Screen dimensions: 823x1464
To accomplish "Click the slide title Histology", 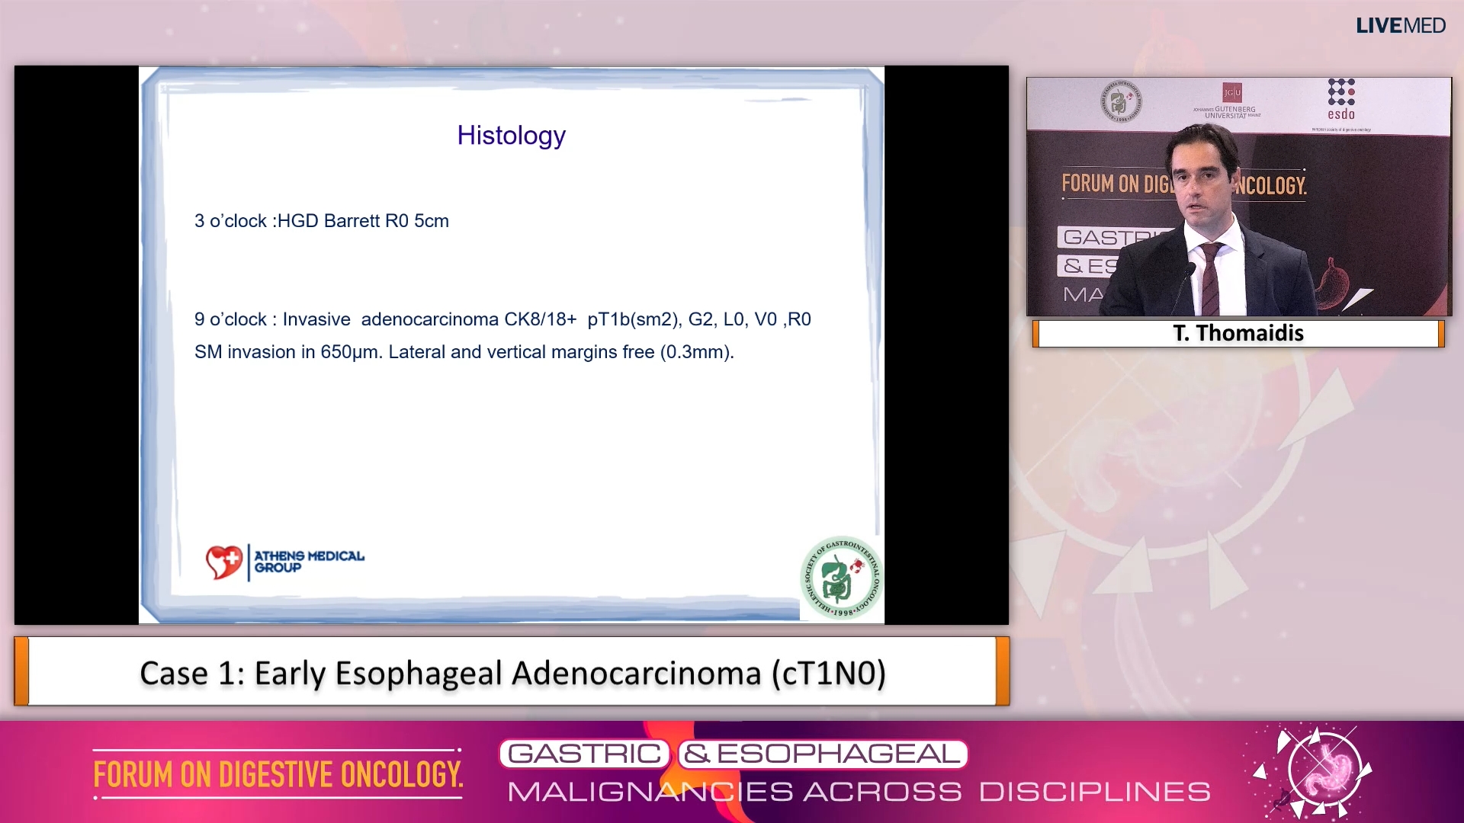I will [x=511, y=136].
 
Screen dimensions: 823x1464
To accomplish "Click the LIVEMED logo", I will [x=1400, y=26].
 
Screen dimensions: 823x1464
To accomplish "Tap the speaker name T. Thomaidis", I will [x=1238, y=333].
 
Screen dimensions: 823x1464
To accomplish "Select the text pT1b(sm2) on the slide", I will [x=633, y=319].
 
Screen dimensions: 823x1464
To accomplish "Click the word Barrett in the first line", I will [x=352, y=221].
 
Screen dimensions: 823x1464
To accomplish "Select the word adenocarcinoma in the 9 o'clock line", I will [x=429, y=319].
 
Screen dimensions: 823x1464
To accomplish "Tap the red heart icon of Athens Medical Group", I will [x=223, y=562].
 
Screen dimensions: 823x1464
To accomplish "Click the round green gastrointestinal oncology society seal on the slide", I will [x=842, y=578].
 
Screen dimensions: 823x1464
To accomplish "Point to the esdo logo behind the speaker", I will [x=1340, y=99].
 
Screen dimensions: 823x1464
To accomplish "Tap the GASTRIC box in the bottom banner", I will [x=584, y=754].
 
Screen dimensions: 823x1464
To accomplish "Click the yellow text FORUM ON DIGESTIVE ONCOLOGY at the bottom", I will [x=278, y=775].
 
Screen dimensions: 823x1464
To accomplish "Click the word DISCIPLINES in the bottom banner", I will [x=1094, y=792].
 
